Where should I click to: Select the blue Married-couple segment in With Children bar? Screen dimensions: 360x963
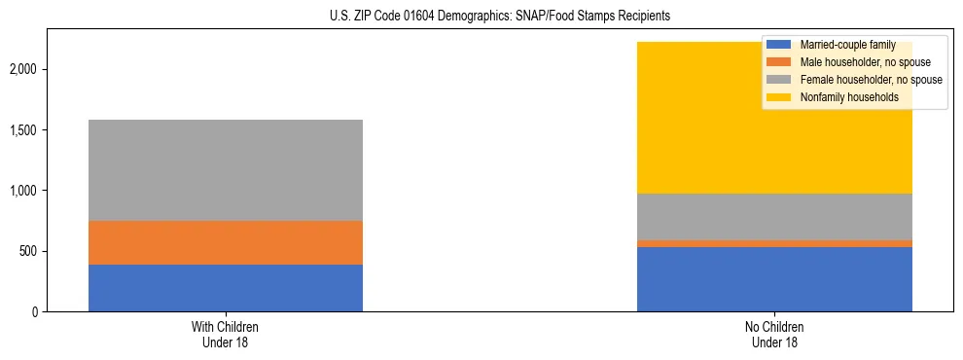tap(226, 288)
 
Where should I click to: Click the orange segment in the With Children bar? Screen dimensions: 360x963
tap(226, 242)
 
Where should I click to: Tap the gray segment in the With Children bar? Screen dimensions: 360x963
tap(226, 170)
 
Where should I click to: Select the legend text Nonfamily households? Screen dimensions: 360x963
tap(843, 97)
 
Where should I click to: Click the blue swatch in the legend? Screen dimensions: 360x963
tap(779, 45)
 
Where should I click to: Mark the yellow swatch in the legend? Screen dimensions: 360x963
tap(779, 97)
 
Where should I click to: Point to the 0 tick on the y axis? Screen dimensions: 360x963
tap(37, 311)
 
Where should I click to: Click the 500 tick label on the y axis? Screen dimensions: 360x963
tap(29, 251)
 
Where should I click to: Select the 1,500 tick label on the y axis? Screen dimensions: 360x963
tap(24, 130)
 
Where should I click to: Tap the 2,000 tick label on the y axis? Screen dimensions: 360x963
tap(24, 70)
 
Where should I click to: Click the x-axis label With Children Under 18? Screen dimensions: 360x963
tap(226, 334)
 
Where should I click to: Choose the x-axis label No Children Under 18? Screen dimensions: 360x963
tap(774, 334)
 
